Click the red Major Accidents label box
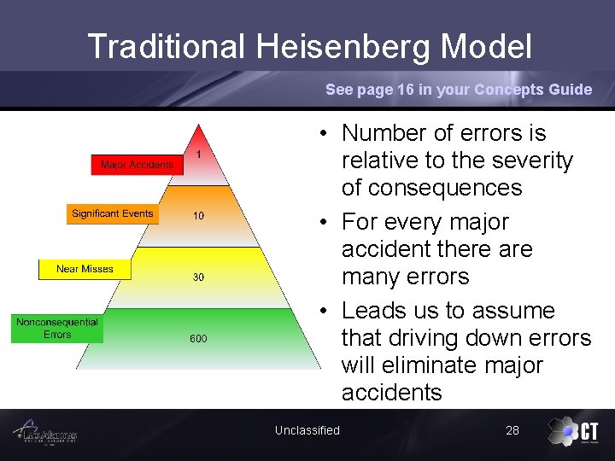(x=137, y=164)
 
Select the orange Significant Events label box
(x=113, y=213)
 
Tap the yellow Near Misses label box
(x=85, y=269)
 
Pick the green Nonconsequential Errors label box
(x=56, y=329)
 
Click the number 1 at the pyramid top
(x=198, y=155)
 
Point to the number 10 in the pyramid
(x=198, y=216)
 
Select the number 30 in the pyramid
(x=198, y=277)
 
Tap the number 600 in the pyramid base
(x=198, y=339)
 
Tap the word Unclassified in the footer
(x=307, y=430)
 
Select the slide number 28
(x=512, y=430)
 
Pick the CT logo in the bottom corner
(x=574, y=432)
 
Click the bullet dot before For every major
(x=325, y=223)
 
